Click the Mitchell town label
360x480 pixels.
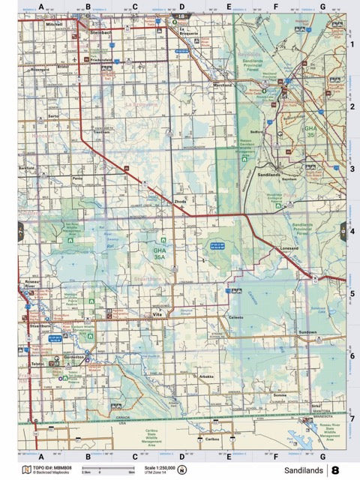pos(54,25)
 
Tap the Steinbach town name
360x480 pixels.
pos(100,34)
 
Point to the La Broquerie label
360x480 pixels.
pos(188,31)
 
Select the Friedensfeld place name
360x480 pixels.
pos(100,60)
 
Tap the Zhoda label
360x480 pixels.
pos(180,202)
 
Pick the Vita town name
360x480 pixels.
pos(157,314)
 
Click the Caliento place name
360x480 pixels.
pos(235,317)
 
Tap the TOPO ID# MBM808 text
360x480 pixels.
pos(52,467)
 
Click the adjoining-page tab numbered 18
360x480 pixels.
pos(180,16)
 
